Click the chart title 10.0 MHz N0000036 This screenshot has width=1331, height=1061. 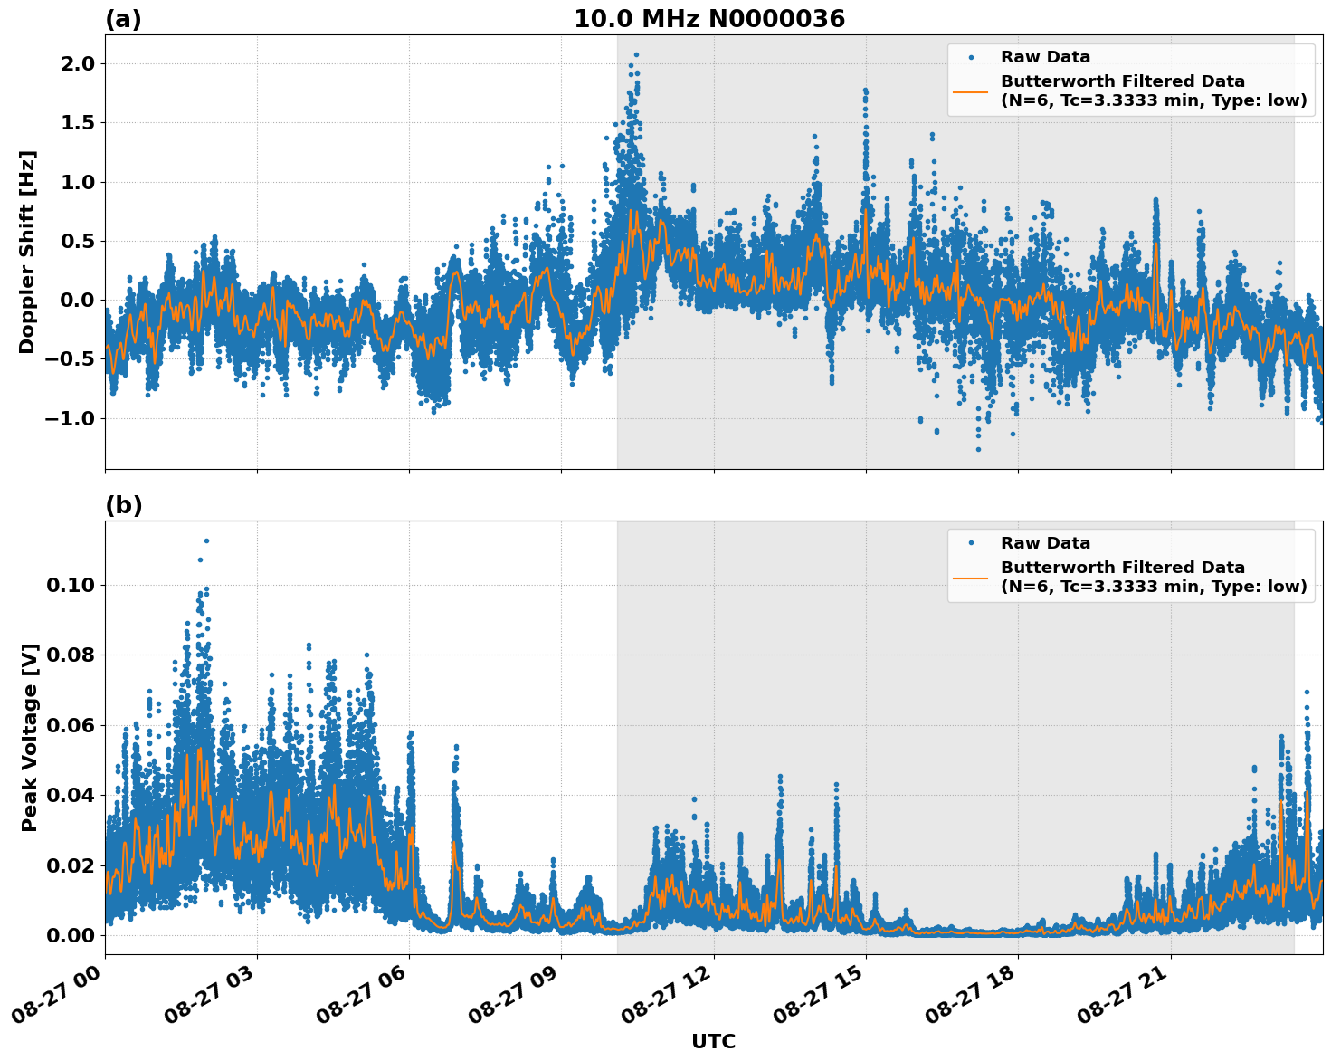708,19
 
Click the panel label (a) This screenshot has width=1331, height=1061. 123,19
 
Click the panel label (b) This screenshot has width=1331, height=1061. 123,505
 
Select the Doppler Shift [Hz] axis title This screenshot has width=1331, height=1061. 27,252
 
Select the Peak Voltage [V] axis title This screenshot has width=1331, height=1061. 30,738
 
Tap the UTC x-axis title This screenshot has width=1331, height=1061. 713,1041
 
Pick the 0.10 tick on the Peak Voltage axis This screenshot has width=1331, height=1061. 70,585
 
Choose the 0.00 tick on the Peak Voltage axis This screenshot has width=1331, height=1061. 70,935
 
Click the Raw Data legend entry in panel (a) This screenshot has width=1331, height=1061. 1045,57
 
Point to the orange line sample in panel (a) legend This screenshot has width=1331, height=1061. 970,91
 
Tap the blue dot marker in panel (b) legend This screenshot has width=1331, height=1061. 970,543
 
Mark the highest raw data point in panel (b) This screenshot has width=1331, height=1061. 206,540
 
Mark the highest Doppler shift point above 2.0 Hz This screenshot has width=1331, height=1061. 636,54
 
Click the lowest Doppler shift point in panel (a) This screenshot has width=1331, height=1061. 978,449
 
